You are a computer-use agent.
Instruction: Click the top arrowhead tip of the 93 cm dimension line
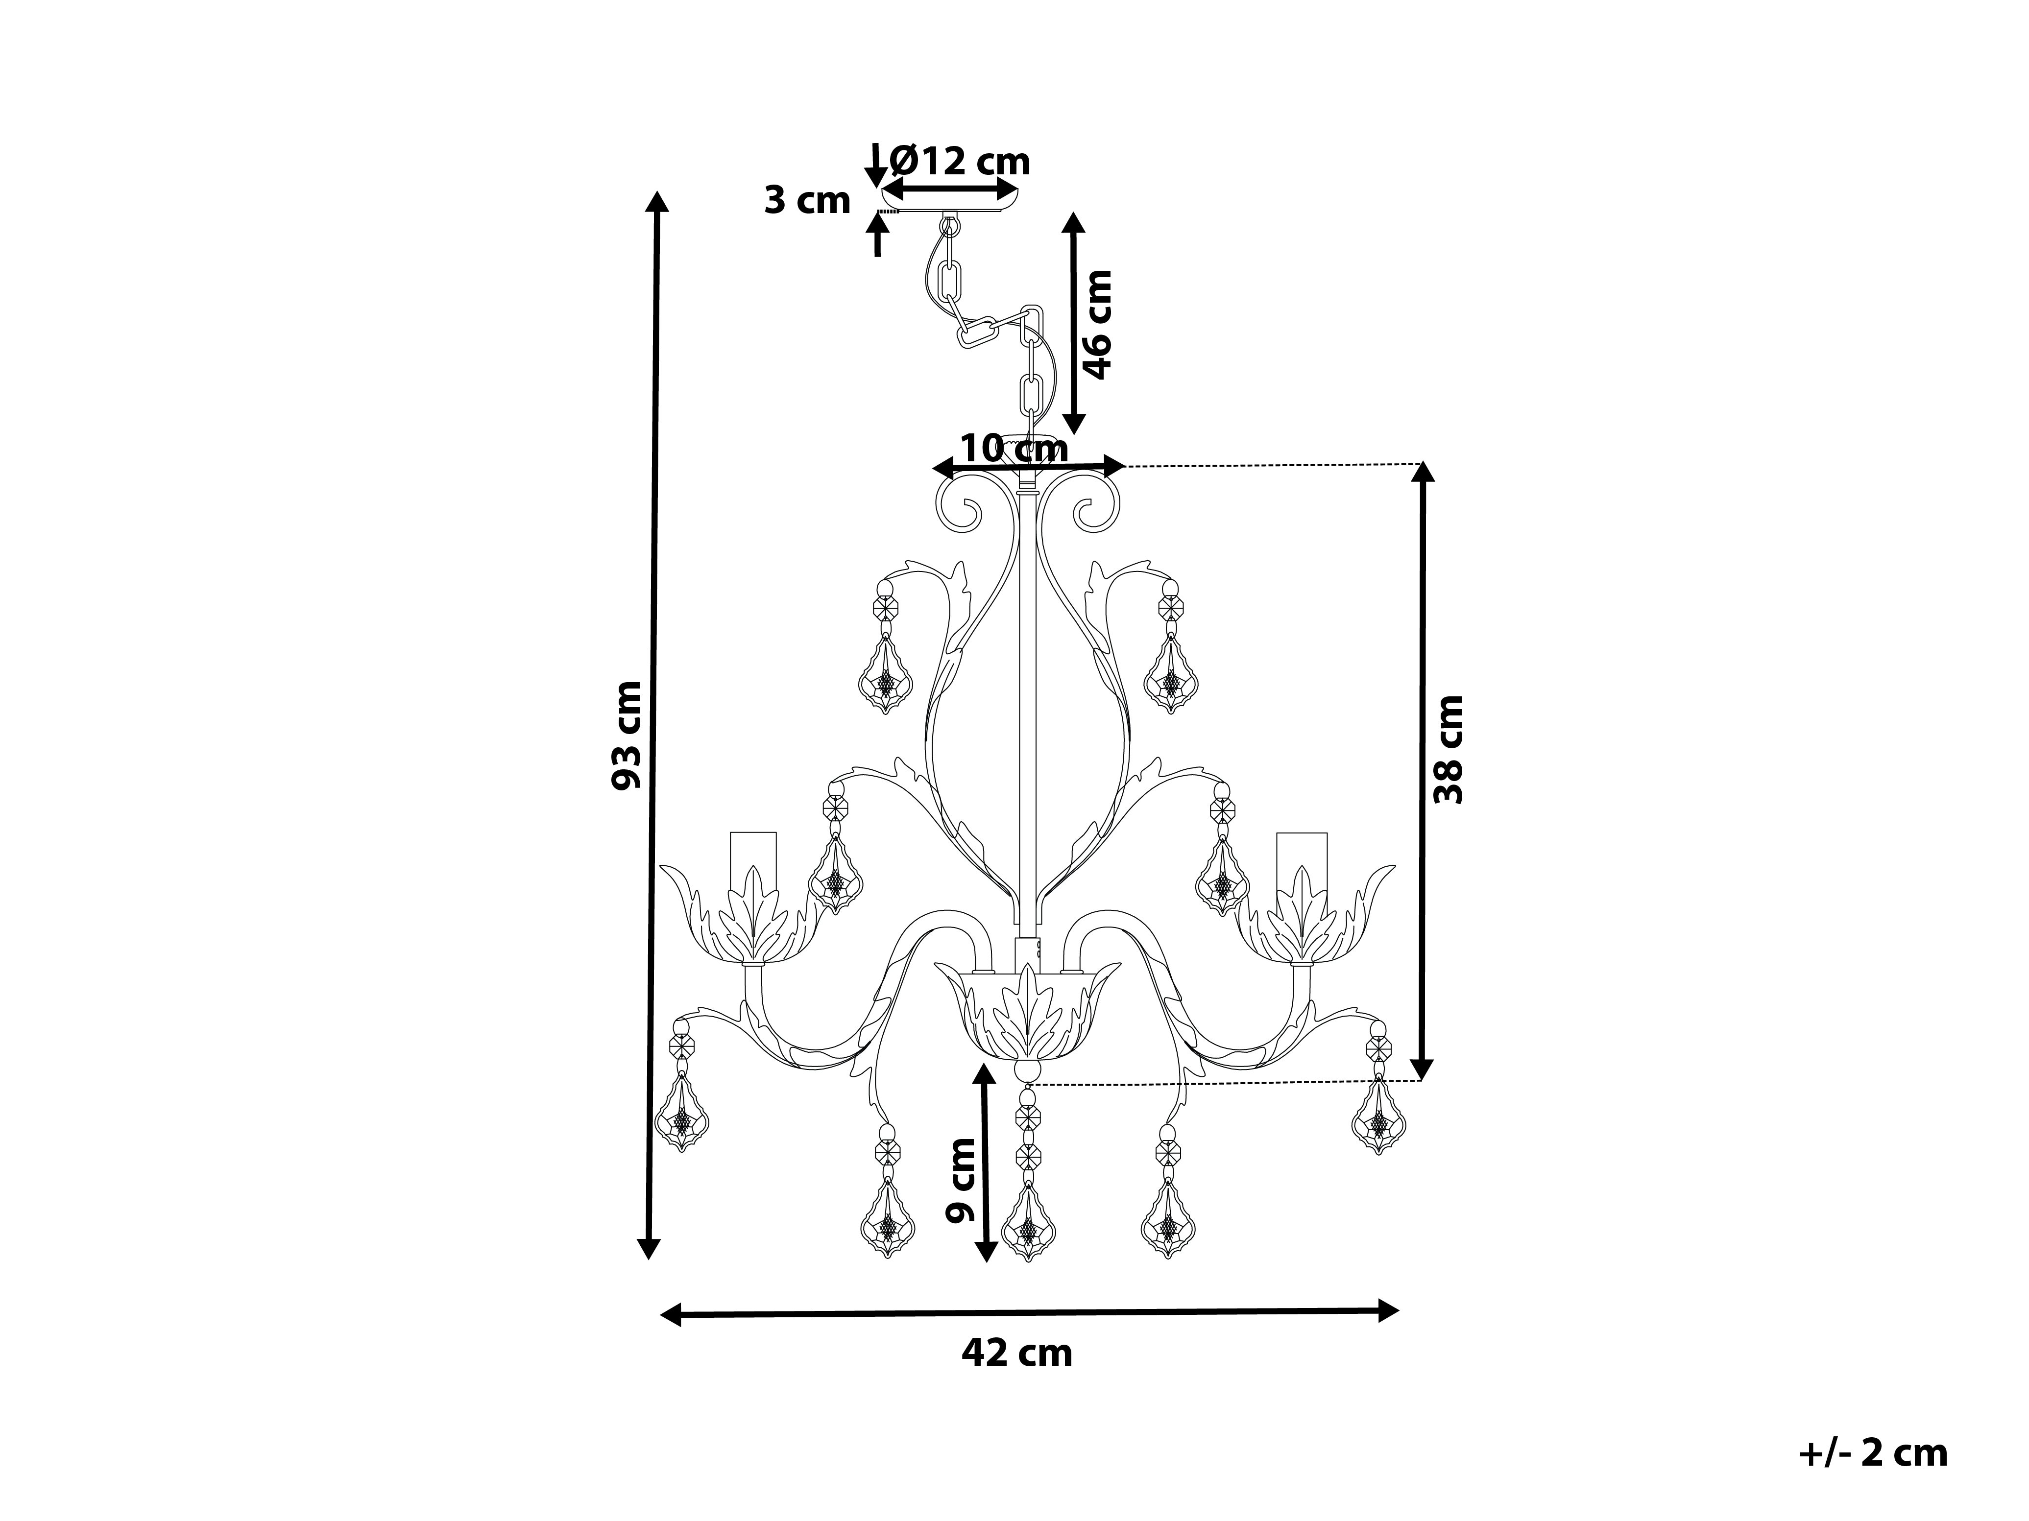click(656, 190)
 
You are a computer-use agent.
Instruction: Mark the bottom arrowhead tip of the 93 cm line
click(649, 1260)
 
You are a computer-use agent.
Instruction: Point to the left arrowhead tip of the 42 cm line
click(660, 1316)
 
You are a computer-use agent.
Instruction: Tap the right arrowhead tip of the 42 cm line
click(1399, 1310)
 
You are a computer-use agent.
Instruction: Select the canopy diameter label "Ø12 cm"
click(961, 162)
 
